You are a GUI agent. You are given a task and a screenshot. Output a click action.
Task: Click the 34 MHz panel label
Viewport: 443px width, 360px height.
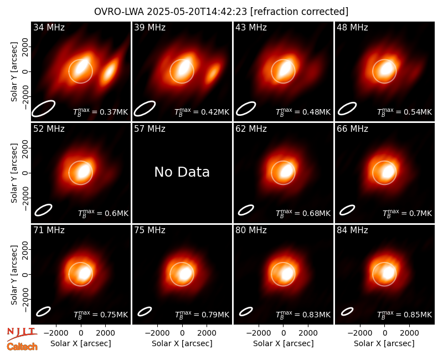[49, 27]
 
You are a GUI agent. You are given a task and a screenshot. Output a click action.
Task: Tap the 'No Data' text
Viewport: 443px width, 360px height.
[182, 172]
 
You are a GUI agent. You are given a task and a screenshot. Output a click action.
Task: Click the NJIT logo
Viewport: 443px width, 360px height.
[22, 333]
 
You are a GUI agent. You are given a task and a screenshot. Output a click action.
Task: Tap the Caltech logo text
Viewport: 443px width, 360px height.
[22, 347]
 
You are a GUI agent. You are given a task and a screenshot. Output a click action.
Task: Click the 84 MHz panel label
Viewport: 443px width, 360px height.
[352, 230]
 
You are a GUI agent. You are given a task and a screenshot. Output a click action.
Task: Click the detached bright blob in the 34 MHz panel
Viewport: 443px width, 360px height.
[109, 71]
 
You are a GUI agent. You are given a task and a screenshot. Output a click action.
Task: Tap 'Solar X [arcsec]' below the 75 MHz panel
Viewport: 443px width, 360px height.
[182, 343]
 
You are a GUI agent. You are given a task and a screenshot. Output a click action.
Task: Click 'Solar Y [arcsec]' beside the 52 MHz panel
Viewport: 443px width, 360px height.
[14, 173]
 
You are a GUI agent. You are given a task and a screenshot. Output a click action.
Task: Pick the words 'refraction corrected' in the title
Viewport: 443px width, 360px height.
[300, 12]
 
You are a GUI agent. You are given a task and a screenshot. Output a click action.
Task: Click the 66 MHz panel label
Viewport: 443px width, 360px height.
[352, 129]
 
